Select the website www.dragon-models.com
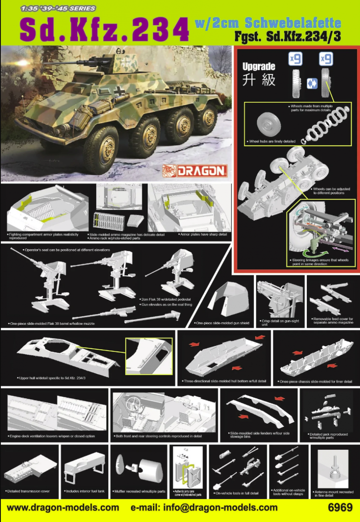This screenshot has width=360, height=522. (63, 508)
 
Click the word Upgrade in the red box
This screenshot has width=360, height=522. (259, 67)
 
